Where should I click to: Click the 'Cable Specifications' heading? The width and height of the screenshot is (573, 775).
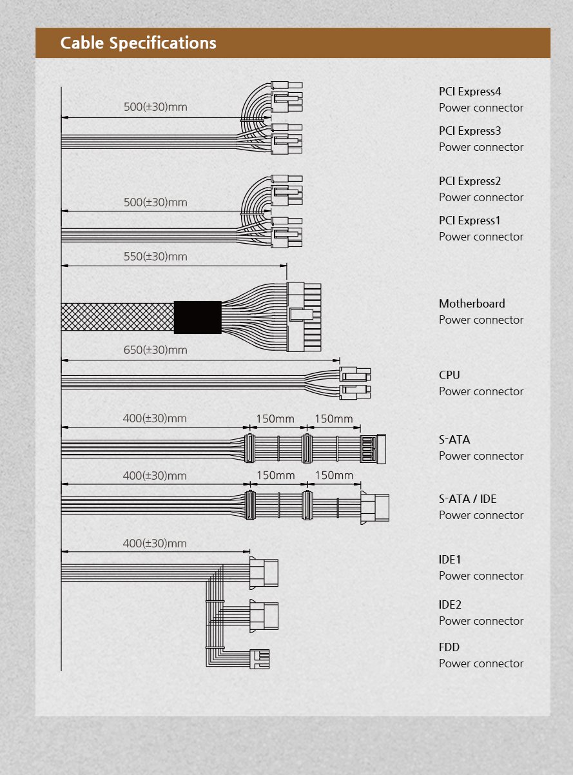[138, 43]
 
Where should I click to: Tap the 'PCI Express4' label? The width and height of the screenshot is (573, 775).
[470, 91]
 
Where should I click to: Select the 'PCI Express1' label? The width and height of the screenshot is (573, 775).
[470, 221]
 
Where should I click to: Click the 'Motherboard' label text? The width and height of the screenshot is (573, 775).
[472, 304]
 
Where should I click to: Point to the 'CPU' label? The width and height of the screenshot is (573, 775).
[449, 375]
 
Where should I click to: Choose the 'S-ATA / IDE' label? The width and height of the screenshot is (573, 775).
[467, 499]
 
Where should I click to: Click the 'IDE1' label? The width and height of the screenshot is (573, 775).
[450, 560]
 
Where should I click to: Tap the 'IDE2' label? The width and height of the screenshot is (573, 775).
[450, 605]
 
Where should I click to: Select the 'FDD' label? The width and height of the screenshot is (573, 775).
[449, 647]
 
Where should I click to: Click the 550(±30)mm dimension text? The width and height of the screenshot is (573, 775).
[155, 257]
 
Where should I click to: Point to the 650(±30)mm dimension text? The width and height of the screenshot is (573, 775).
[155, 350]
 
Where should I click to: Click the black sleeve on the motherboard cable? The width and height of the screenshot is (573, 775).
[197, 317]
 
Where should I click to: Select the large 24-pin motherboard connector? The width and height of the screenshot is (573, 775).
[304, 317]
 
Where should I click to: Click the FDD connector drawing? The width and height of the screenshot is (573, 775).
[260, 659]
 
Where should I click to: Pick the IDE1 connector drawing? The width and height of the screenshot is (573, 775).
[264, 572]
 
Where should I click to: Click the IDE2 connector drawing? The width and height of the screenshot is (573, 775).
[264, 616]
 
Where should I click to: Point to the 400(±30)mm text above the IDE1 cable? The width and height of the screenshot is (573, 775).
[155, 544]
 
